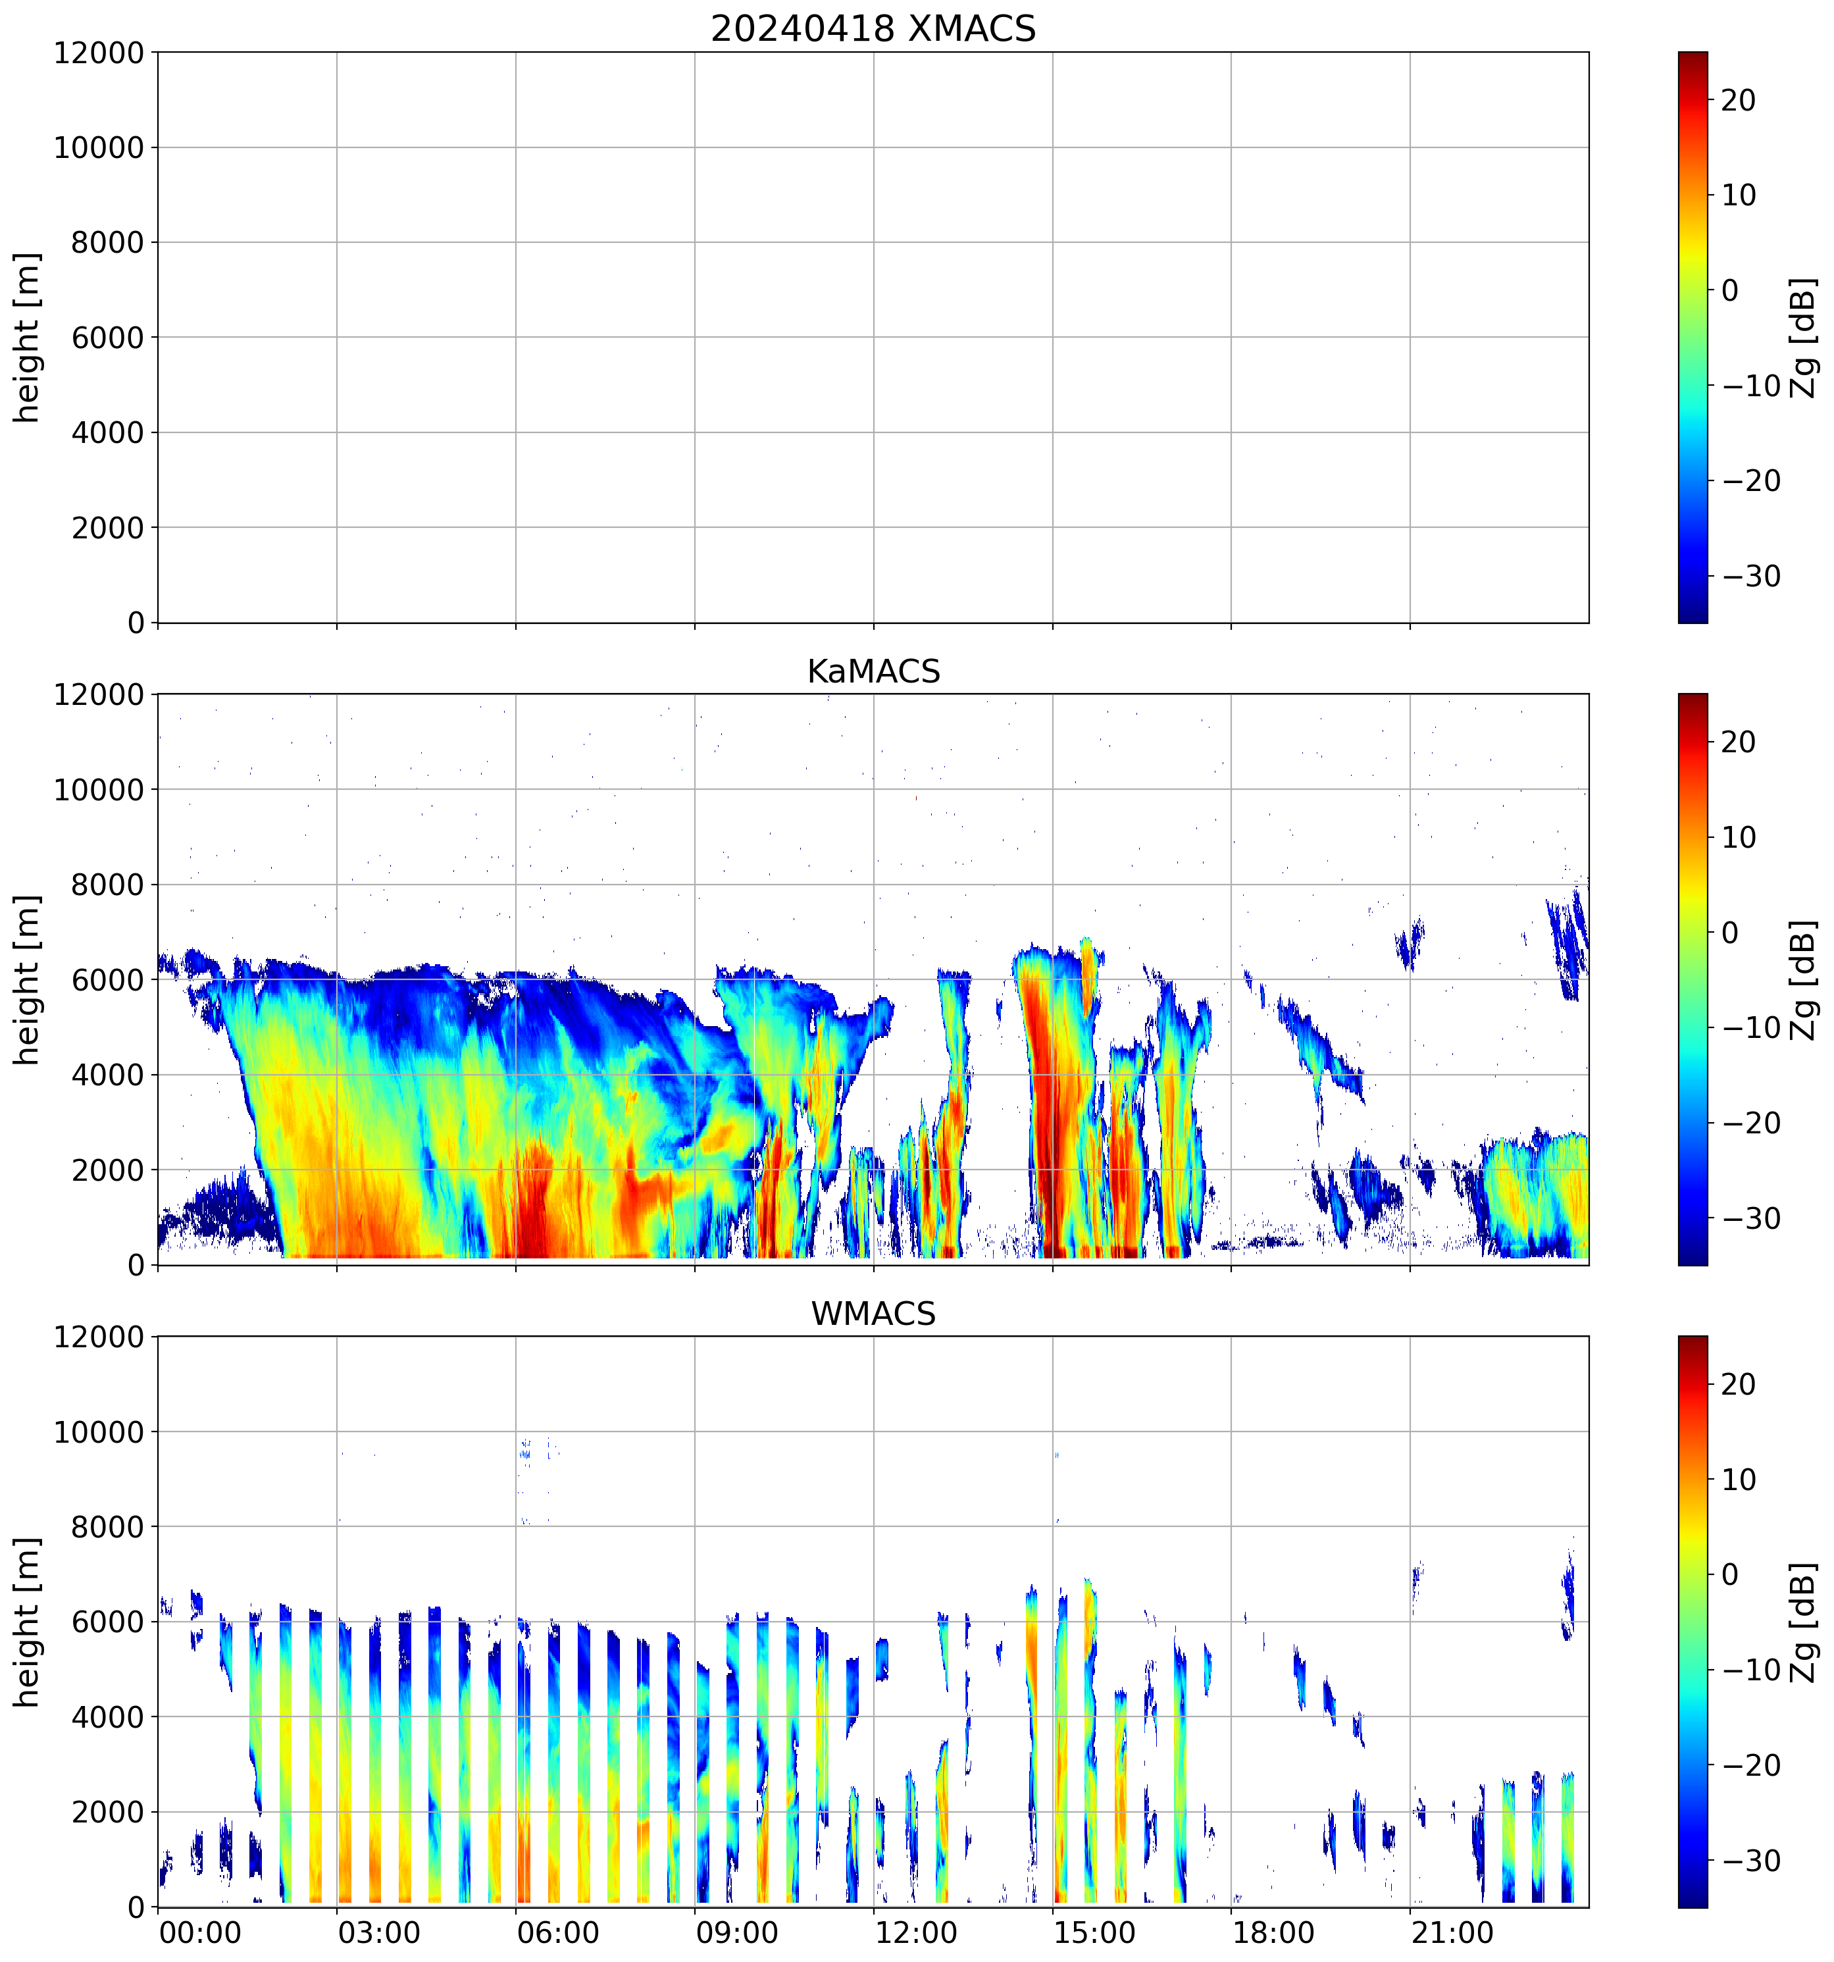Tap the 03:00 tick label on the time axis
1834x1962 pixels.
[379, 1932]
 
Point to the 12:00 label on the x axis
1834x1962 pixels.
[915, 1932]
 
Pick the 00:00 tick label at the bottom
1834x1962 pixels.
[200, 1932]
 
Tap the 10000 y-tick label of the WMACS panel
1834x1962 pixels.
[99, 1432]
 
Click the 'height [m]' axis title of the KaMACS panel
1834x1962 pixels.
[28, 979]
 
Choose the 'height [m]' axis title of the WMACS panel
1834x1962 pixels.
[28, 1622]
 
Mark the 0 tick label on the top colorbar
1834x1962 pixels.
[1729, 291]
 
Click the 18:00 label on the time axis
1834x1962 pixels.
[1273, 1932]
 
